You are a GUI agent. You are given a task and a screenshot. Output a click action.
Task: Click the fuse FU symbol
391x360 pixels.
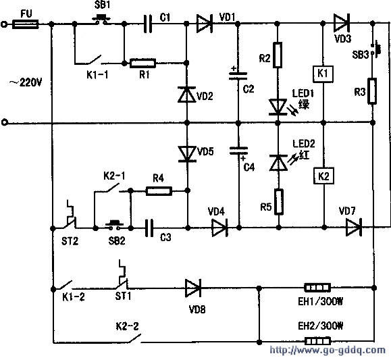[x=26, y=24]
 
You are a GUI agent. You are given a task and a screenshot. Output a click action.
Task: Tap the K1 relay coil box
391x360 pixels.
[x=323, y=74]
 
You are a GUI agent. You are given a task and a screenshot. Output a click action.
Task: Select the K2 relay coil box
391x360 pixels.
[x=323, y=176]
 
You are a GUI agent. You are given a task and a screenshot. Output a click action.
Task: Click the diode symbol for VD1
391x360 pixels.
[x=204, y=24]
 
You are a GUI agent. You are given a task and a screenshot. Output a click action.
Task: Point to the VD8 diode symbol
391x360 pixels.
[x=193, y=288]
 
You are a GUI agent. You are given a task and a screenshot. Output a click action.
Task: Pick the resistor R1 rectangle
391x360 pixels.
[x=142, y=63]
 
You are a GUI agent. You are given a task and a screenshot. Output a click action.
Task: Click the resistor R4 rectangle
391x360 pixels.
[x=159, y=191]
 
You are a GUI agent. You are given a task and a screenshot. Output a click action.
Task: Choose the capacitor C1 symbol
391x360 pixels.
[x=148, y=24]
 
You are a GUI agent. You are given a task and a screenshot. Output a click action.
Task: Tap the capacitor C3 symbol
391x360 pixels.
[x=149, y=228]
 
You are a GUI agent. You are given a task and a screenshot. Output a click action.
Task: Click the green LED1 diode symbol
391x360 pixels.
[x=278, y=107]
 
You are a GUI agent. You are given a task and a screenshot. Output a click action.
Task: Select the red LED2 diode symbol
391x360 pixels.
[x=278, y=163]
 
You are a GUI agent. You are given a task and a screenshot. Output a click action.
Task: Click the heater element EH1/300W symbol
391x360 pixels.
[x=317, y=288]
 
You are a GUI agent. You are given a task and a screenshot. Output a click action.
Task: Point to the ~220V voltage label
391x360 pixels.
[x=26, y=82]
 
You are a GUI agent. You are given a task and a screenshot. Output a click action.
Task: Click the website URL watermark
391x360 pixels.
[x=328, y=351]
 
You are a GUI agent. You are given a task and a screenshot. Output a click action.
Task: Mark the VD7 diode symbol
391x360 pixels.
[x=354, y=227]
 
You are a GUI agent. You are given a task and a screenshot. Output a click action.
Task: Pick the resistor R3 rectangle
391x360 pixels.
[x=372, y=91]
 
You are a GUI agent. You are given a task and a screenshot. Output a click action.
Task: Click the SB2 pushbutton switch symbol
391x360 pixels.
[x=115, y=225]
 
